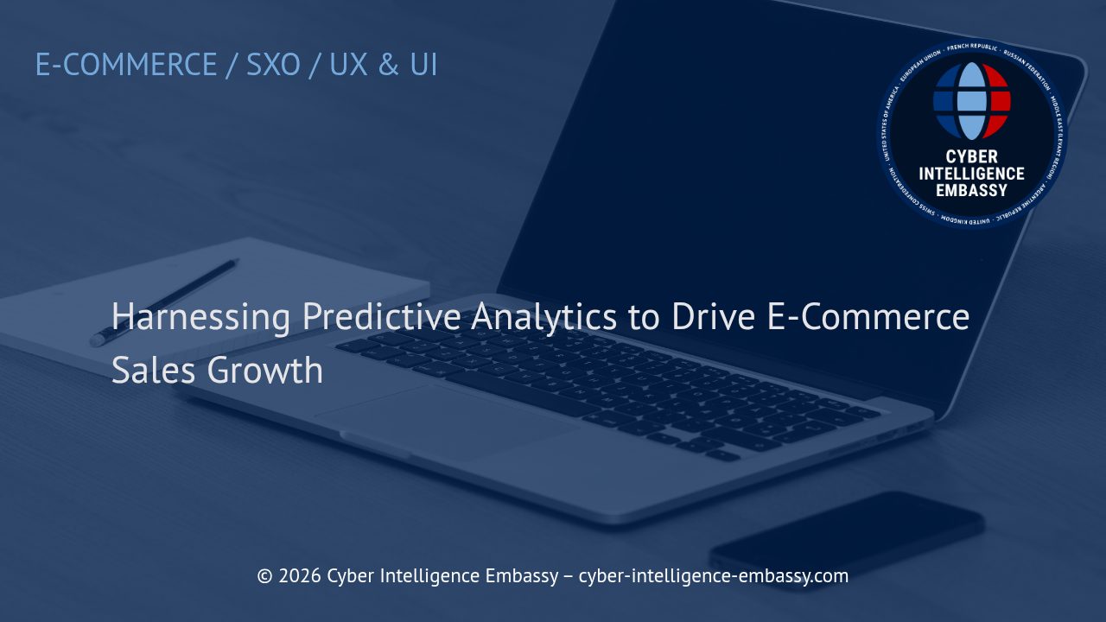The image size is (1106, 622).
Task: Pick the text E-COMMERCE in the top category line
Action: [126, 65]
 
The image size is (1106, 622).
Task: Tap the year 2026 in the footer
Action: [299, 575]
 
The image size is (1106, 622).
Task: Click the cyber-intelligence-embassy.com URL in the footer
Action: [713, 575]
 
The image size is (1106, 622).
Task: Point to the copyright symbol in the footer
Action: [264, 575]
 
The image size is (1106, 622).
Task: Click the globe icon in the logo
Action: [972, 101]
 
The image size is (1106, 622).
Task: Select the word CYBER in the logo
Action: [972, 157]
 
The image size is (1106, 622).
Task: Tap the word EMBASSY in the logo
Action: [972, 190]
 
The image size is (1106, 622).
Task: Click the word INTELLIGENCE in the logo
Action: [972, 174]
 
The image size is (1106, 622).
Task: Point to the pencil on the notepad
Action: [164, 302]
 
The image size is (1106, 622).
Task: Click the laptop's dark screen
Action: [734, 173]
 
